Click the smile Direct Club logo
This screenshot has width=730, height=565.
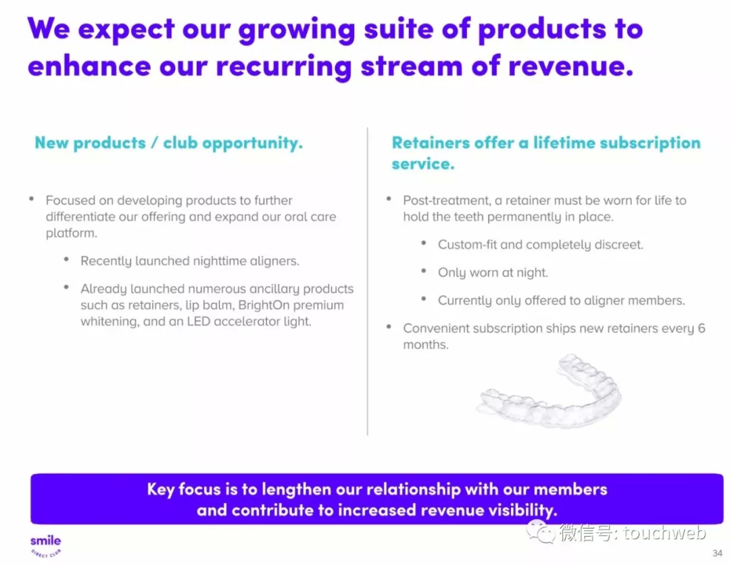(46, 545)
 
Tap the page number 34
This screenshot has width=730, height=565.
(717, 553)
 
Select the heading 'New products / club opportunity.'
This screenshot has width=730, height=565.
(168, 143)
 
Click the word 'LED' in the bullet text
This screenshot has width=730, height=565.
(198, 321)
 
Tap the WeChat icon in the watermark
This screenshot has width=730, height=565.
(540, 531)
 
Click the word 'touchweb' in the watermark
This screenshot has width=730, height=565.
(665, 533)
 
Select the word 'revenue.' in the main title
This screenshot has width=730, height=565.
(570, 66)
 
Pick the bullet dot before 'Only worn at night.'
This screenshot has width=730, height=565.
(424, 271)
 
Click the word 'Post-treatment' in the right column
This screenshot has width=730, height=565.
(447, 200)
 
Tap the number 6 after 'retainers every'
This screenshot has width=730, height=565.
(702, 328)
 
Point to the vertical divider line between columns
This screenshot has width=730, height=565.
(367, 281)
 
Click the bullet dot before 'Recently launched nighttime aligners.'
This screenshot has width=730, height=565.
(66, 260)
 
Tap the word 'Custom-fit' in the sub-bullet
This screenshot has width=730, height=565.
(468, 245)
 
